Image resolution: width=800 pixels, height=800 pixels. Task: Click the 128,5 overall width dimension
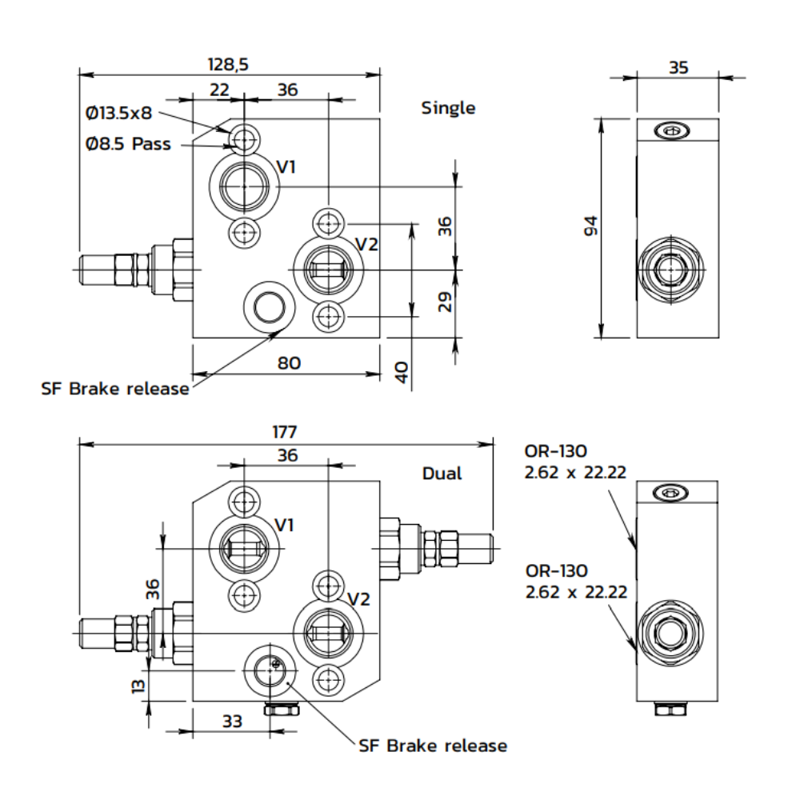(230, 65)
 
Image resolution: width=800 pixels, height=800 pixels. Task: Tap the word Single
(448, 108)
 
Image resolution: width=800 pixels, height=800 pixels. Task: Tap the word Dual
(442, 474)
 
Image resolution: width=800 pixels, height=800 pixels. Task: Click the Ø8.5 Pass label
(128, 144)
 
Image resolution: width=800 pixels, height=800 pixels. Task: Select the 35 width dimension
(678, 68)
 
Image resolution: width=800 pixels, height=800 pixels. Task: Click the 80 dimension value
(289, 363)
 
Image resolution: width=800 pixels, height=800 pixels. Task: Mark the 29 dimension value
(446, 301)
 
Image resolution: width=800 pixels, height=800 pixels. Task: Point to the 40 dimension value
(402, 371)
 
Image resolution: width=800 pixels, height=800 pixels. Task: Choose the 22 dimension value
(219, 90)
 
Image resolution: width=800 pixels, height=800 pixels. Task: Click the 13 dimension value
(138, 686)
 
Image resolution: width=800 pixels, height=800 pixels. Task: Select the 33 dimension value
(232, 721)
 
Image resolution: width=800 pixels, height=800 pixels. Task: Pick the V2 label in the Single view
(366, 244)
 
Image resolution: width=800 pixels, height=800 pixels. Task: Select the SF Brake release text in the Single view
(115, 389)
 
